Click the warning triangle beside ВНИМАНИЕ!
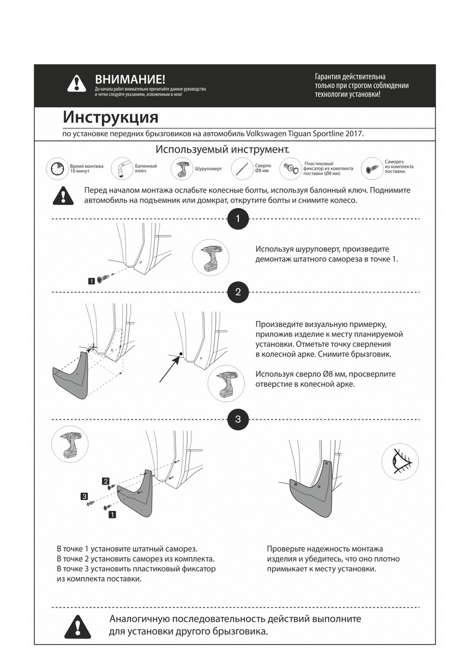coord(76,84)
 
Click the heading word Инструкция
coord(111,118)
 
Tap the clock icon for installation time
coord(57,168)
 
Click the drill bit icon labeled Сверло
coord(242,168)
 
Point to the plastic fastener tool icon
coord(291,168)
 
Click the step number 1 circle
coord(238,219)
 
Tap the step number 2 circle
coord(238,292)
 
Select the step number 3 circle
coord(238,419)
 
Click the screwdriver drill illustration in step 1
coord(211,258)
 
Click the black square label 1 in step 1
coord(91,281)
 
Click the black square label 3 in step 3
coord(84,496)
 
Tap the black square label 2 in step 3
coord(106,481)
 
